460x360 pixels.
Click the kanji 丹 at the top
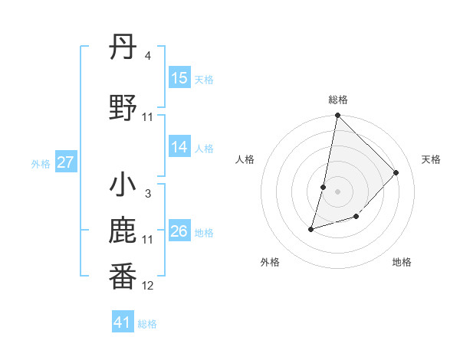[x=123, y=47]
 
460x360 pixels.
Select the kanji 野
[x=123, y=107]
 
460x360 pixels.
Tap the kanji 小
[x=123, y=186]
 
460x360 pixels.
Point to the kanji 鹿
[x=123, y=231]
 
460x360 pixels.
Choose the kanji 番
[x=123, y=277]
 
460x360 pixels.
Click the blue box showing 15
[x=179, y=78]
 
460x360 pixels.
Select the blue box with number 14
[x=179, y=147]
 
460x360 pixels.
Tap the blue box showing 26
[x=179, y=231]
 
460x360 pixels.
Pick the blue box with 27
[x=66, y=162]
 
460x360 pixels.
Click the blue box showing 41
[x=123, y=322]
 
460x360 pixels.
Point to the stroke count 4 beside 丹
[x=147, y=56]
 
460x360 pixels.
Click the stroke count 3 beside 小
[x=147, y=194]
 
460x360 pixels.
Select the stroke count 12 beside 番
[x=148, y=286]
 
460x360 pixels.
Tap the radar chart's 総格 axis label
[x=337, y=100]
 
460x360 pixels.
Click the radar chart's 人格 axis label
[x=245, y=159]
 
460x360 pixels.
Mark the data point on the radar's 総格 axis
[x=337, y=116]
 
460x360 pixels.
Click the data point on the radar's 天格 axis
[x=396, y=172]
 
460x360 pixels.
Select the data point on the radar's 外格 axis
[x=311, y=228]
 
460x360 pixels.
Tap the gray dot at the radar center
[x=337, y=191]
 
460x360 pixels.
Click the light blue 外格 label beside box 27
[x=40, y=163]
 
